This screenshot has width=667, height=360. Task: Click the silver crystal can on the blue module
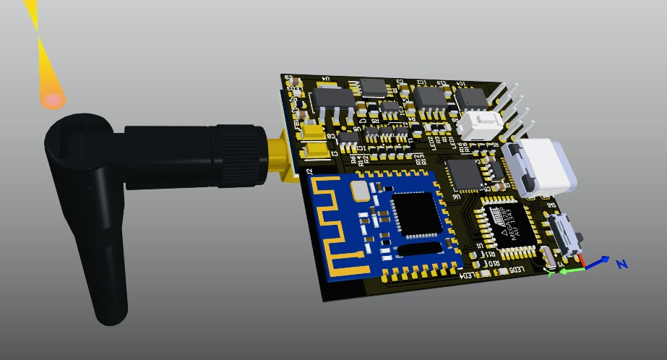pos(359,190)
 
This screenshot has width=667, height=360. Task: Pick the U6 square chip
pos(460,174)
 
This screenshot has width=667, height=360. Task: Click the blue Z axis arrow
pos(597,262)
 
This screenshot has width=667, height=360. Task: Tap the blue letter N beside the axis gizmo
pos(621,265)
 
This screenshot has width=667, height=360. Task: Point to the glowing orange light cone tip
pos(52,100)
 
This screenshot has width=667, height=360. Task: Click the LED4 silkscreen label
pos(470,275)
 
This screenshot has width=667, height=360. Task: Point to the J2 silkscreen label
pos(309,171)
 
